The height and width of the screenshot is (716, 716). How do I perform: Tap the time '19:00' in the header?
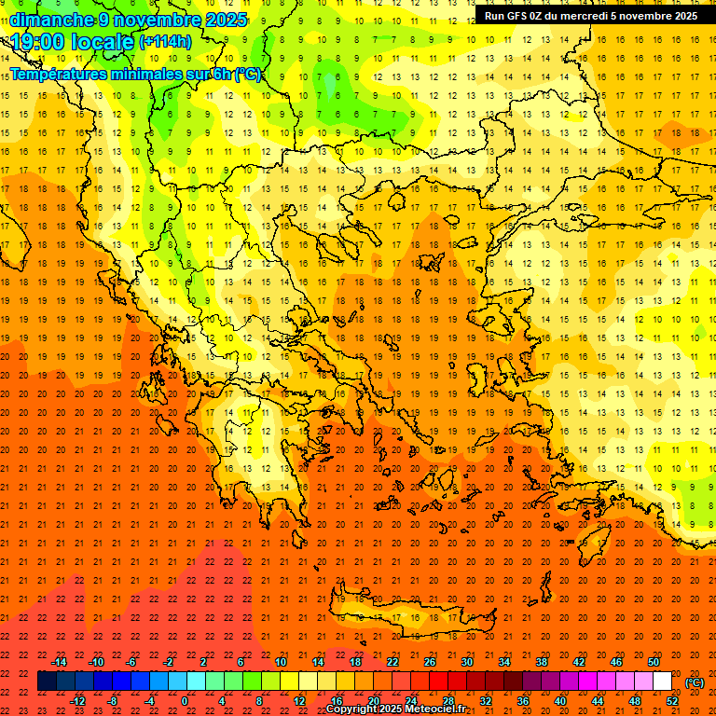point(38,42)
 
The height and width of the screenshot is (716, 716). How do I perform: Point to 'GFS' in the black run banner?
point(517,16)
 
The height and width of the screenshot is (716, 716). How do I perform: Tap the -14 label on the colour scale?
point(59,662)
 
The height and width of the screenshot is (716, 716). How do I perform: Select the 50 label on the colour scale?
point(654,662)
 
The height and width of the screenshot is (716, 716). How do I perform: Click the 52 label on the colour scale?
point(672,701)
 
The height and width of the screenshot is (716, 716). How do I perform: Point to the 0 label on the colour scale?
point(185,701)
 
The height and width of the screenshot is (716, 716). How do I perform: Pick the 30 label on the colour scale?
point(468,662)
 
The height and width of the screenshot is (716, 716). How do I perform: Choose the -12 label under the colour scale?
point(77,701)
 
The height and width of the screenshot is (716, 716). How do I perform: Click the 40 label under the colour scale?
point(560,701)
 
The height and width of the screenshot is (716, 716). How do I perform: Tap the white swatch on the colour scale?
point(663,682)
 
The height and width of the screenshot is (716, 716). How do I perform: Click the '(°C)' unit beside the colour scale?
point(694,682)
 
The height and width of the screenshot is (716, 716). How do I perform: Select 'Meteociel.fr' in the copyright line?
point(435,709)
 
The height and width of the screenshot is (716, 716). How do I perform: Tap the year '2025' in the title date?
point(227,19)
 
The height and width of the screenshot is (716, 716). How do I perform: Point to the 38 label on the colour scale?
point(542,662)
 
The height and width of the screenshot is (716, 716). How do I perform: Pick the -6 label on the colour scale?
point(131,662)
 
